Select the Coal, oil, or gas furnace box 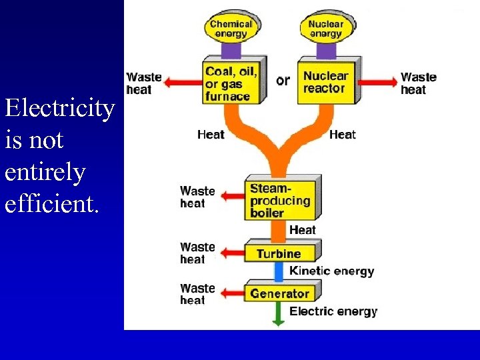coord(231,83)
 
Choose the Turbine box coord(279,253)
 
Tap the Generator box coord(279,293)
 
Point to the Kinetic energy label coord(331,271)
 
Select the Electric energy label coord(333,311)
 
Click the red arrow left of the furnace coord(181,83)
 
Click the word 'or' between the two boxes coord(283,81)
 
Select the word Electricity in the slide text coord(59,108)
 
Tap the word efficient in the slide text coord(51,203)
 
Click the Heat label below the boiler coord(303,230)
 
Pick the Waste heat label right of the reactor coord(419,83)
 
